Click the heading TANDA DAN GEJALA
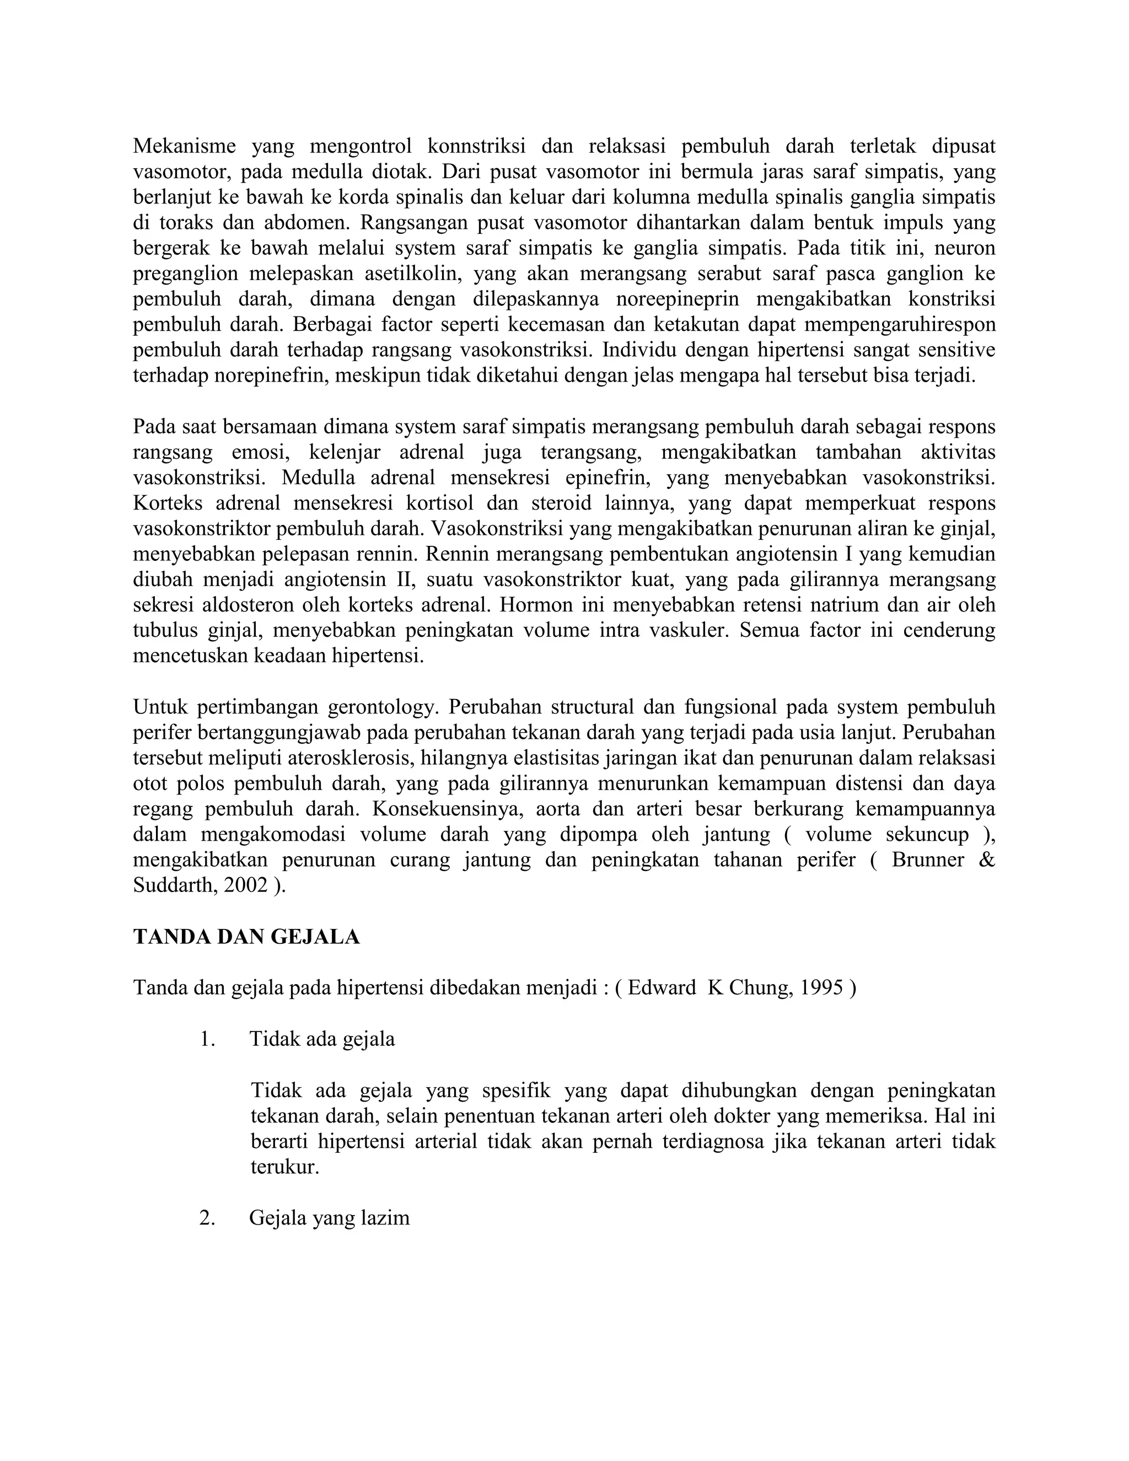pos(246,937)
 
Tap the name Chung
pos(757,988)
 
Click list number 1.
pos(207,1039)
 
